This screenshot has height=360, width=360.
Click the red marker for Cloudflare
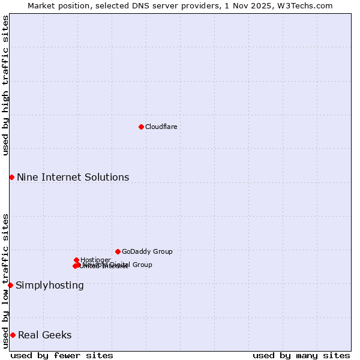[x=141, y=127]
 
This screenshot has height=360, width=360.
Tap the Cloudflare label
[x=161, y=127]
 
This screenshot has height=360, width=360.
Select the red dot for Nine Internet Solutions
[x=11, y=177]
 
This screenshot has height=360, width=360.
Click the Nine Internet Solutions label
[x=73, y=177]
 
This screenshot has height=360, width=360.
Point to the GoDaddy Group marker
[x=118, y=251]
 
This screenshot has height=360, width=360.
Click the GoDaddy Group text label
[x=147, y=251]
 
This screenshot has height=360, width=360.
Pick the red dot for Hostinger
[x=76, y=260]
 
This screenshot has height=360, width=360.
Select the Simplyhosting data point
[x=10, y=285]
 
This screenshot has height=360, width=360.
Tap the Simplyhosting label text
[x=50, y=285]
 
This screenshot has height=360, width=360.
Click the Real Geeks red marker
[x=13, y=335]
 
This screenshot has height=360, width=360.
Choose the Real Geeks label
[x=45, y=335]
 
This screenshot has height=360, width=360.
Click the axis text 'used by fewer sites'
[x=62, y=355]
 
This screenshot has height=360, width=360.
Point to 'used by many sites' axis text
[x=301, y=355]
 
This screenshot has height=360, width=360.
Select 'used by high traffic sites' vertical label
[x=5, y=85]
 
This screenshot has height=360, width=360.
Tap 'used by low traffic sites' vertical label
[x=5, y=281]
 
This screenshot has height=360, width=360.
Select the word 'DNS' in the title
[x=130, y=5]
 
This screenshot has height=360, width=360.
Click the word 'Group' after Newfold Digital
[x=142, y=265]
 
